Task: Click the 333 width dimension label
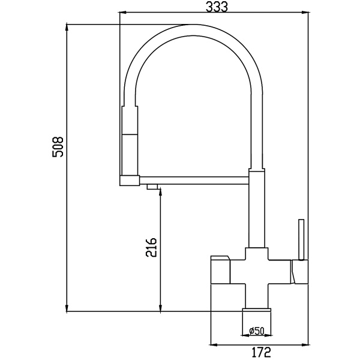tap(217, 6)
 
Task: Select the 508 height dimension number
tap(58, 147)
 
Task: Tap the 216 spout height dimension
tap(151, 247)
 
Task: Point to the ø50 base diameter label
tap(257, 331)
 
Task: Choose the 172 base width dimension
tap(262, 352)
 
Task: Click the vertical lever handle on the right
tap(301, 239)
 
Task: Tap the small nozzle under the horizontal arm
tap(152, 187)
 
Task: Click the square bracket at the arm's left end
tap(130, 180)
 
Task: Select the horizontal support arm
tap(194, 180)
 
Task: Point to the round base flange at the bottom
tap(257, 310)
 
